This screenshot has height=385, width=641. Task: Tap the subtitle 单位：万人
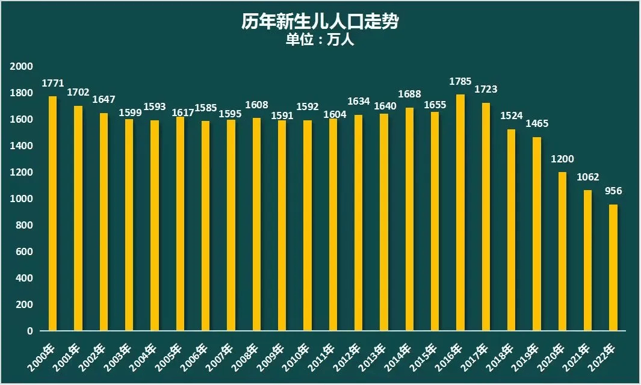coord(320,40)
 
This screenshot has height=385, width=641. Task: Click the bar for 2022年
coord(613,268)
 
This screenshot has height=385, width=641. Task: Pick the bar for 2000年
coord(52,214)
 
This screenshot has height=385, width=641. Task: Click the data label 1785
coord(460,81)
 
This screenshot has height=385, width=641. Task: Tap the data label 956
coord(613,191)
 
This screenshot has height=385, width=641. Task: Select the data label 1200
coord(562,159)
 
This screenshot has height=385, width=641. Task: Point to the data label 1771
coord(52,83)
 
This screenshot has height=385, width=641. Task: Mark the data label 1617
coord(180,112)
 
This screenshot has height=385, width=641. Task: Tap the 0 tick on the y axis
coord(28,331)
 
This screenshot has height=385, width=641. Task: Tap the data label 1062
coord(587,177)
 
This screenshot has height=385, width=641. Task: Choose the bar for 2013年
coord(384,222)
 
